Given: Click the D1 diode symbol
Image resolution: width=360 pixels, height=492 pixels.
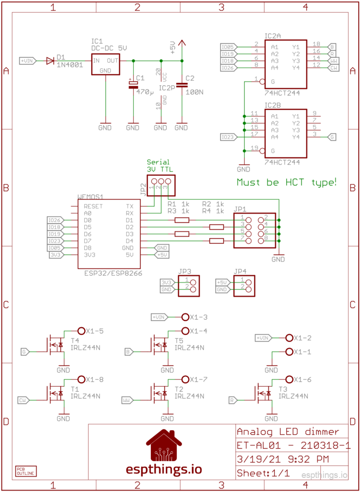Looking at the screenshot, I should point(50,60).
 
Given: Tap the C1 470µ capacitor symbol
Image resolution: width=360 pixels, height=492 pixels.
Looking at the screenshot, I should point(133,84).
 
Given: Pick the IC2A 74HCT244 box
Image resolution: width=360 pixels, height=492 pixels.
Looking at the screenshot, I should point(285,64).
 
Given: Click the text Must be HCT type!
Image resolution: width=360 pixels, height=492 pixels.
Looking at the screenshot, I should point(286,182).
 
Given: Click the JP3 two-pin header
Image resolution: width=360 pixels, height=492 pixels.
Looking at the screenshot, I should point(189,286).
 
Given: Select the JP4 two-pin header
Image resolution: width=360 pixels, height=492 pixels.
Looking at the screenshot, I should point(245,286).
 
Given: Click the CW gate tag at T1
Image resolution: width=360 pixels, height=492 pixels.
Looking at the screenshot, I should point(23,400).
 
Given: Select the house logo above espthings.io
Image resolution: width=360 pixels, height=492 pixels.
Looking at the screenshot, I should point(164,446).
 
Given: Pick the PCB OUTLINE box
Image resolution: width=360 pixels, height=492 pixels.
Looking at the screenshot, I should point(25,471).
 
